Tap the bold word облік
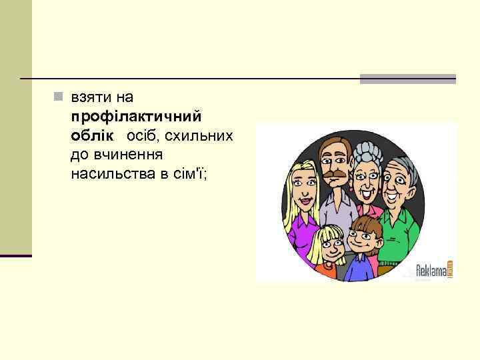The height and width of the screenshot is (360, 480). [91, 135]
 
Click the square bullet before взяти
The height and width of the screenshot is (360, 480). [59, 97]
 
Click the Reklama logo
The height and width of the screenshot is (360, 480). [434, 269]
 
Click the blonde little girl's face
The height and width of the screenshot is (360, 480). [329, 247]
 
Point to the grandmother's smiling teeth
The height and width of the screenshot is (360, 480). [366, 194]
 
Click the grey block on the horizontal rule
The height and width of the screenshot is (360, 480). [407, 79]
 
